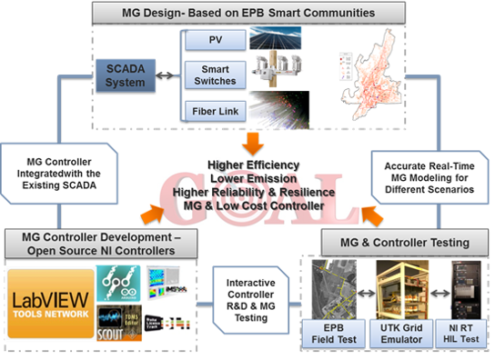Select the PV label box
(x=215, y=41)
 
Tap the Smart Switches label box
(x=215, y=75)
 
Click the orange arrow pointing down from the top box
(x=248, y=142)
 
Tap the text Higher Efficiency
(x=248, y=165)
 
